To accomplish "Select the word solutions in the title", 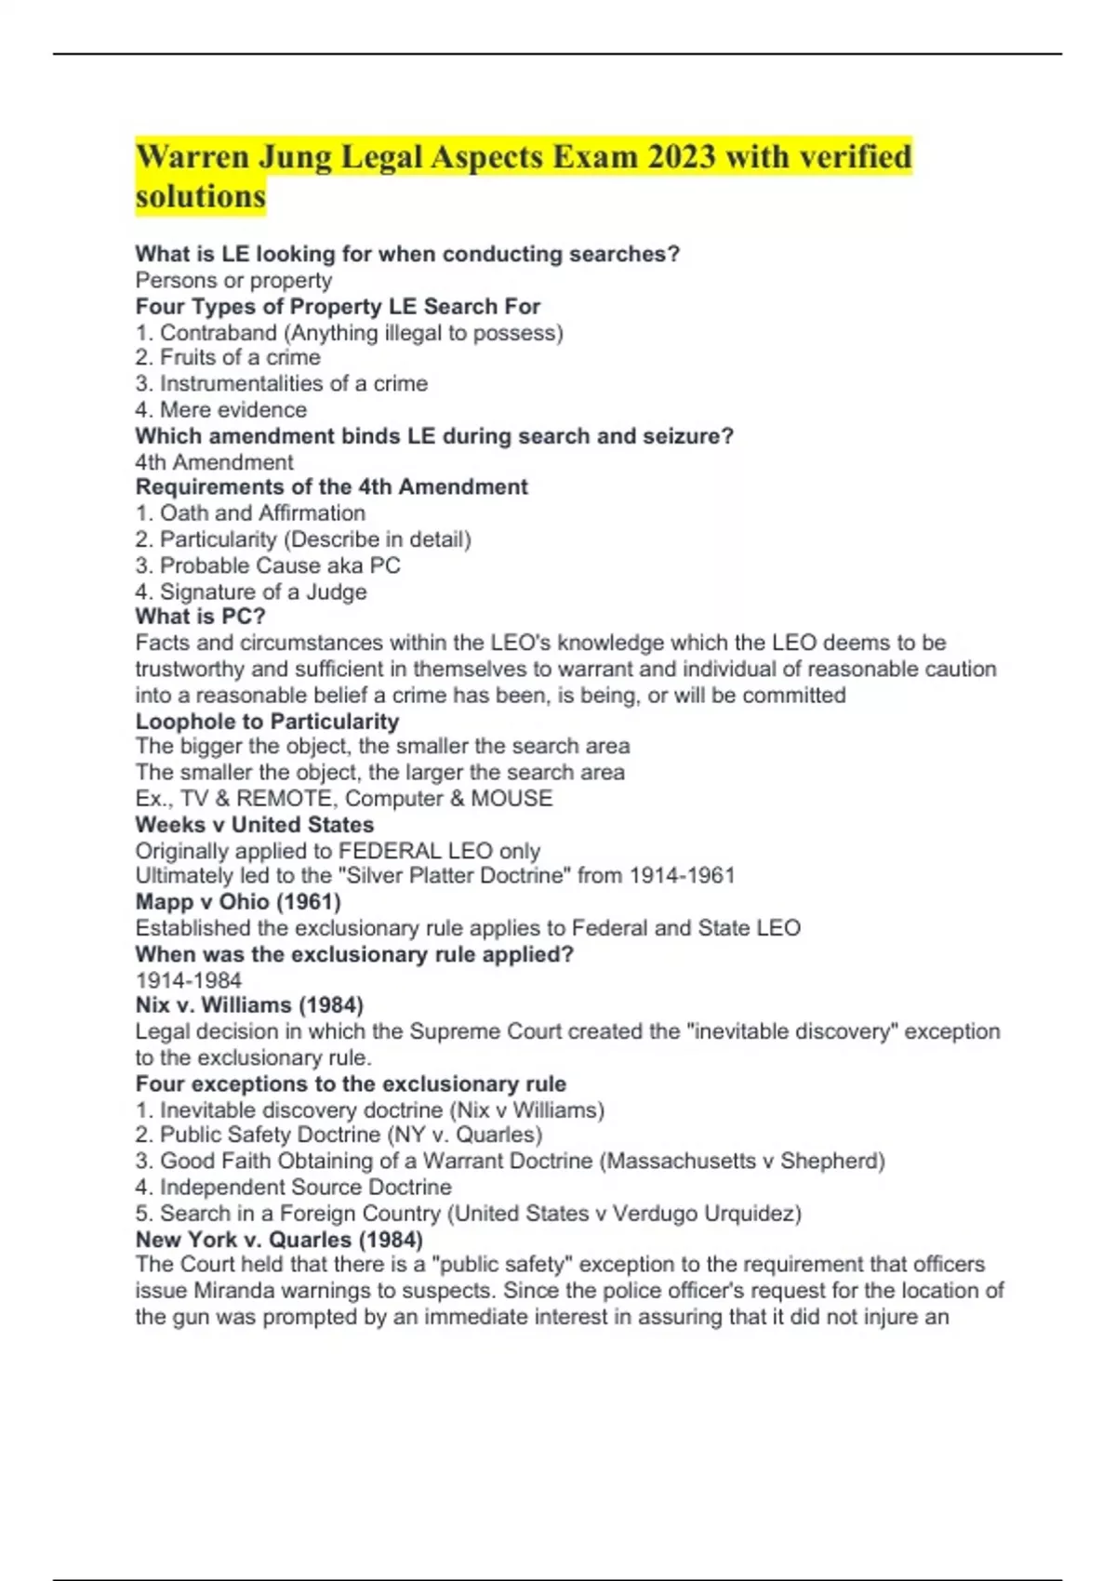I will click(201, 197).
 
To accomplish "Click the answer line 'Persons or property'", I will click(233, 280).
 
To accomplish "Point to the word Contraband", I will click(219, 333).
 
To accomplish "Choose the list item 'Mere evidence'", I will click(232, 410).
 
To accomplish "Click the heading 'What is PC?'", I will click(200, 617).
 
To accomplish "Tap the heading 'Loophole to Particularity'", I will click(267, 722).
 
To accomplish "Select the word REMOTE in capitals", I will click(284, 799).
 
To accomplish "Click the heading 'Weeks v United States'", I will click(255, 825).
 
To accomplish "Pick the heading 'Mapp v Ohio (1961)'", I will click(238, 902).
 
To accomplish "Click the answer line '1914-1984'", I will click(189, 980).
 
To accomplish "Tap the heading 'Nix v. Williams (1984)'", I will click(249, 1005).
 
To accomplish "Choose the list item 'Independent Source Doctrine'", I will click(305, 1188).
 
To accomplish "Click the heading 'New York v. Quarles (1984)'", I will click(279, 1240).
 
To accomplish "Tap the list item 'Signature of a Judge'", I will click(263, 592).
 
